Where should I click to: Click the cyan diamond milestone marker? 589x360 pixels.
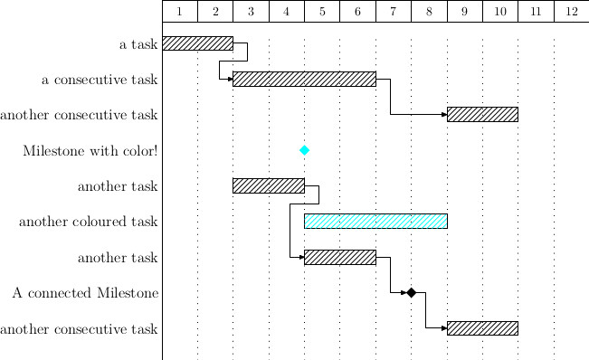pyautogui.click(x=304, y=150)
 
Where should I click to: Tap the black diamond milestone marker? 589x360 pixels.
pyautogui.click(x=411, y=292)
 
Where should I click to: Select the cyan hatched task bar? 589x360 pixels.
pyautogui.click(x=375, y=221)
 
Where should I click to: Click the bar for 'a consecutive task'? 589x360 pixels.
pyautogui.click(x=304, y=79)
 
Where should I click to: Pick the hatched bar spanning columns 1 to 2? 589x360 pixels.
pyautogui.click(x=197, y=43)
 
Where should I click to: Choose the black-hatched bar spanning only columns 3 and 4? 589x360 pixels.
pyautogui.click(x=268, y=185)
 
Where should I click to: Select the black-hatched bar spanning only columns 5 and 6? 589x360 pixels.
pyautogui.click(x=339, y=257)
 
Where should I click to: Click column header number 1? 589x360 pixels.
pyautogui.click(x=180, y=12)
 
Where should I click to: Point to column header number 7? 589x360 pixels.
pyautogui.click(x=394, y=12)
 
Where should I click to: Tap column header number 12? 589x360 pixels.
pyautogui.click(x=571, y=12)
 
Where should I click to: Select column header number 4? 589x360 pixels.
pyautogui.click(x=287, y=12)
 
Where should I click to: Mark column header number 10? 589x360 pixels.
pyautogui.click(x=500, y=12)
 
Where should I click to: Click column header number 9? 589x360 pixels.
pyautogui.click(x=464, y=12)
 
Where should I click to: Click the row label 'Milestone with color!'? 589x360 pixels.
pyautogui.click(x=90, y=150)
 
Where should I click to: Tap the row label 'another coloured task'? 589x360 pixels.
pyautogui.click(x=89, y=221)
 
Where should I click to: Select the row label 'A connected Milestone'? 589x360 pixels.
pyautogui.click(x=86, y=292)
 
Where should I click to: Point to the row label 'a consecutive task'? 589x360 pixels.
pyautogui.click(x=100, y=80)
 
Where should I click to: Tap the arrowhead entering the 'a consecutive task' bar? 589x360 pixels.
pyautogui.click(x=229, y=79)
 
